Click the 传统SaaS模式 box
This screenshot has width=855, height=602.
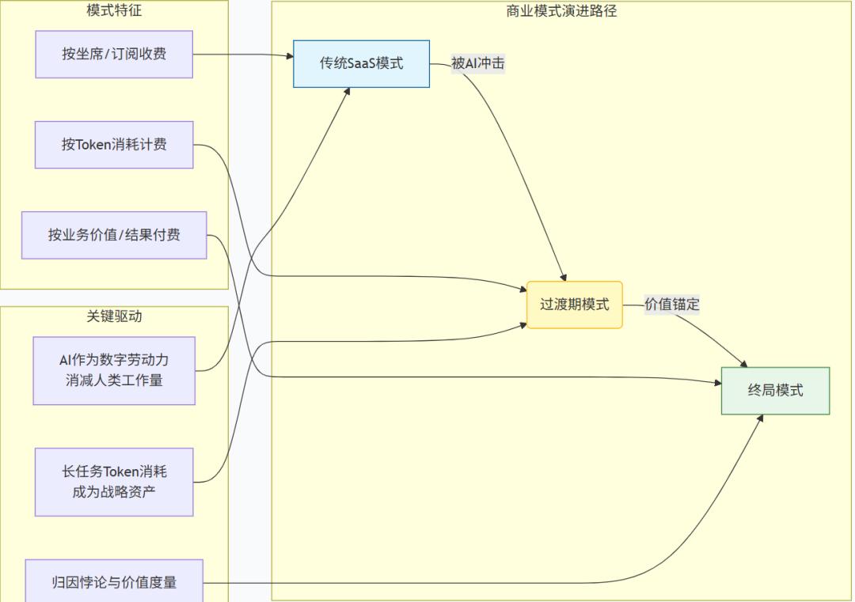(361, 64)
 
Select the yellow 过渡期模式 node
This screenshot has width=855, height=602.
(575, 305)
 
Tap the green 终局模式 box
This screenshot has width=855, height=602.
(775, 391)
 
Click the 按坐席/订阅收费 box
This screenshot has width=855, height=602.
(114, 55)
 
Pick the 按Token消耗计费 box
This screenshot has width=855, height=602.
(114, 145)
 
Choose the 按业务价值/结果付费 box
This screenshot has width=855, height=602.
(114, 235)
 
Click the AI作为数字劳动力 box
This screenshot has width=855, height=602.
(114, 370)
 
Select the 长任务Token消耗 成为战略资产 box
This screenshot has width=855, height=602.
(114, 482)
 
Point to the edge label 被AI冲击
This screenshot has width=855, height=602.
(477, 64)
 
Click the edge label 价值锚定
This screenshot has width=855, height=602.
(671, 305)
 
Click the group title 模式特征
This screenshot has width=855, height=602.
(114, 10)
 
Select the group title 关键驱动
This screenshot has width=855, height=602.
(114, 316)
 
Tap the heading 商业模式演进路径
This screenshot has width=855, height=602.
(561, 10)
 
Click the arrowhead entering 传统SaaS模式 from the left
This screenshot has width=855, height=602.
(289, 56)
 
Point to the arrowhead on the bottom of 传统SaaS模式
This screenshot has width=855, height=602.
(348, 92)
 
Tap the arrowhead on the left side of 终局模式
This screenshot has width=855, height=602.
(717, 383)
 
